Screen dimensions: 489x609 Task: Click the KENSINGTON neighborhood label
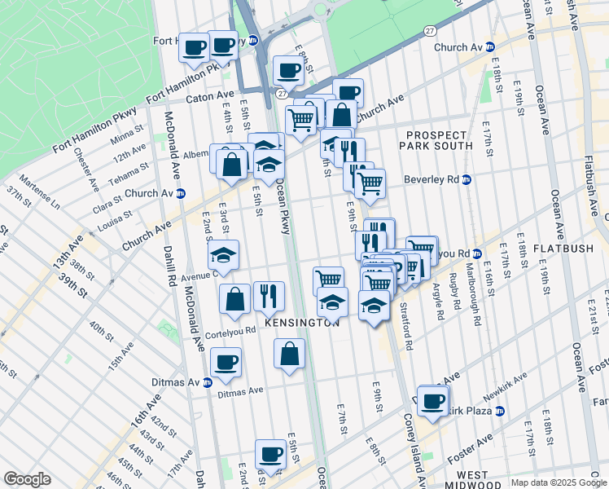[300, 324]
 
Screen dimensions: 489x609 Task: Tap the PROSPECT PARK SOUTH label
[436, 140]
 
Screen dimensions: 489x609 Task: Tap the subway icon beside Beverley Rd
[467, 179]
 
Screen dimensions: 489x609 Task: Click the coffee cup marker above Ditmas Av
[226, 361]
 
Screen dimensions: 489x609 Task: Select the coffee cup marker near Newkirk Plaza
[433, 399]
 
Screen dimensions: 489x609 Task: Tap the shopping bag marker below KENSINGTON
[289, 354]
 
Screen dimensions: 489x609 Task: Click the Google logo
[27, 479]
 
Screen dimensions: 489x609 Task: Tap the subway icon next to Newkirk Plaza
[499, 411]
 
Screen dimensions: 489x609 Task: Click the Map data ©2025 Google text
[558, 482]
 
